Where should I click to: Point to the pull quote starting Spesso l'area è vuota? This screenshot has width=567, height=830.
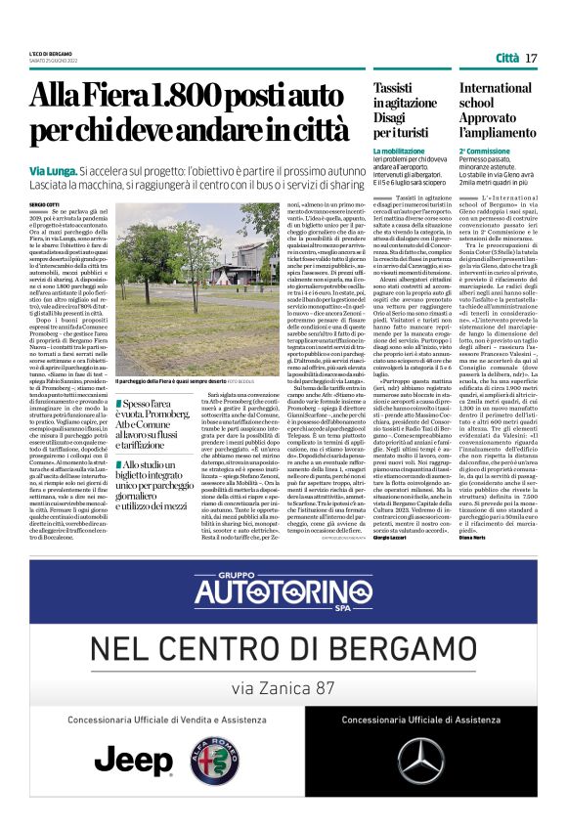coord(161,421)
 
